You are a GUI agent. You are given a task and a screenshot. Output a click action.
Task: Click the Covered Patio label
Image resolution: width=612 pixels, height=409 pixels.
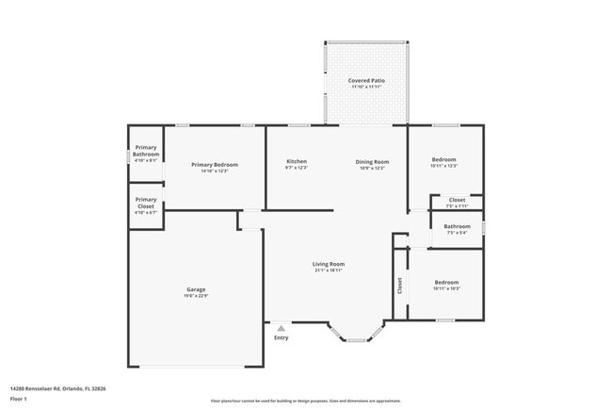coord(366,81)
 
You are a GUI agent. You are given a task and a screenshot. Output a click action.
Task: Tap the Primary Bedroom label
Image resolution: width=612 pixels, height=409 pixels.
coord(215,165)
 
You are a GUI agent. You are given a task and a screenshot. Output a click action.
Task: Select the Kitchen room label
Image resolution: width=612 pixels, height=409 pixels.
coord(297,161)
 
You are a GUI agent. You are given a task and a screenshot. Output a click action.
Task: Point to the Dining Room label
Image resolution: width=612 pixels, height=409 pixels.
coord(372,161)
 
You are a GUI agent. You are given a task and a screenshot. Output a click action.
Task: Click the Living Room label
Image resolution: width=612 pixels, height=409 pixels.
coord(329,264)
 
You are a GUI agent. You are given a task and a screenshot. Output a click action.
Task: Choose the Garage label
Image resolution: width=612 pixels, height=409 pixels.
coord(196,289)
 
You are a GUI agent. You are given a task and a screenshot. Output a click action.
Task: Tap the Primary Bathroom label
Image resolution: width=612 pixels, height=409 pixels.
coord(146,151)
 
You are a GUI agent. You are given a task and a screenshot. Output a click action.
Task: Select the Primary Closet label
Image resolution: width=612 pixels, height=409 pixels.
coord(146,203)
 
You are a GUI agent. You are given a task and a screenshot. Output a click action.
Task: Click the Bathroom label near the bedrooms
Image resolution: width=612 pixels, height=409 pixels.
coord(458,226)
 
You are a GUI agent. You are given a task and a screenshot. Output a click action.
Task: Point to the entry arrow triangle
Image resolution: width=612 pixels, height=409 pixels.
coord(281,328)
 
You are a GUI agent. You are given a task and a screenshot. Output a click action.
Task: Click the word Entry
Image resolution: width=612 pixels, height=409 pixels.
coord(281,337)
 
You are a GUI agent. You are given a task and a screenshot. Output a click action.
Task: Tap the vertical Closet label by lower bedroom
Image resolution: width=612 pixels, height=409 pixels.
coord(400,285)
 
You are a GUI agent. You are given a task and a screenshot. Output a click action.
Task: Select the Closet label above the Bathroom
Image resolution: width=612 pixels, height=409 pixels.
coord(457,200)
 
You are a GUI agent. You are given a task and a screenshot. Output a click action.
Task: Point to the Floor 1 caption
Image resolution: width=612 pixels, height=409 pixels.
coord(20,398)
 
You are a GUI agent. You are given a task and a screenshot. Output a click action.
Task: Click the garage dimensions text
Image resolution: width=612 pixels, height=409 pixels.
coord(196,296)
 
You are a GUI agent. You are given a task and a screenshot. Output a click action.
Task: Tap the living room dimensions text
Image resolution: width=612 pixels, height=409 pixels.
coord(329,270)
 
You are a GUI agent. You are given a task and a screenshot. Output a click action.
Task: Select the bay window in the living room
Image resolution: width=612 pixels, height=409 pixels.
coord(356,334)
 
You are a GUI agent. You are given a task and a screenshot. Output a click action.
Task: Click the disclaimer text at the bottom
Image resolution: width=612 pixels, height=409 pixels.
coord(306,401)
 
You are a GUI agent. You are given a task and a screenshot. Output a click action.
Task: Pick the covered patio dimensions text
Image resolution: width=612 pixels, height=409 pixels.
coord(366,88)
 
